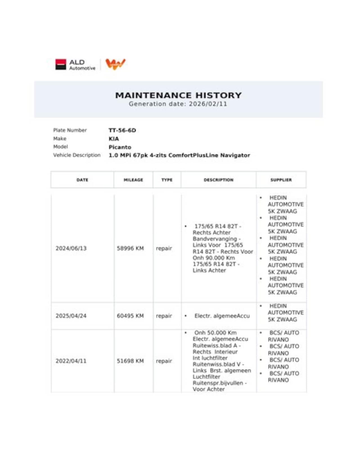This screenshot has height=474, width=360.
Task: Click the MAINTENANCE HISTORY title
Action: click(x=178, y=95)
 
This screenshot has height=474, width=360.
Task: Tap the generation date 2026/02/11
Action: click(x=208, y=104)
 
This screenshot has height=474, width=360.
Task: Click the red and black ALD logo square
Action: click(x=61, y=64)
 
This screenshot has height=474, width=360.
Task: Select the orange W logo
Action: click(x=115, y=64)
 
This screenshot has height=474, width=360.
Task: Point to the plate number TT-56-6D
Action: click(x=122, y=130)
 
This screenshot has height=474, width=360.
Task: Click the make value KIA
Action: click(x=114, y=139)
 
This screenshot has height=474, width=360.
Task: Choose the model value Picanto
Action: click(x=120, y=147)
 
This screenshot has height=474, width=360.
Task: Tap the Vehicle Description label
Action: click(x=77, y=155)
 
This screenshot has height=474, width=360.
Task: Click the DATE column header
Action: click(x=82, y=180)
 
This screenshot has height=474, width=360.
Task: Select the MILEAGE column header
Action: click(x=133, y=180)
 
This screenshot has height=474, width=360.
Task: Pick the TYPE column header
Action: click(x=167, y=180)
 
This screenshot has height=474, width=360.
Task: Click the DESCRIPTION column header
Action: click(x=219, y=180)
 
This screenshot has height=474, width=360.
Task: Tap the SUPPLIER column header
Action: click(x=281, y=180)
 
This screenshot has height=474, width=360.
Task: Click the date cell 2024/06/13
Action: click(x=71, y=249)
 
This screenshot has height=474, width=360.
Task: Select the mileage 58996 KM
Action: click(x=130, y=249)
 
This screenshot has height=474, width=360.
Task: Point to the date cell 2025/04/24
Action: click(x=71, y=316)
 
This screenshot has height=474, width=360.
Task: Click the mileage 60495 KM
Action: click(x=130, y=316)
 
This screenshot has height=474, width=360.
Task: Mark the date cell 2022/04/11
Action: click(x=71, y=361)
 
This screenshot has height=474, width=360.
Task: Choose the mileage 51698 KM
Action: click(x=130, y=361)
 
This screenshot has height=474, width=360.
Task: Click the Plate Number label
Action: click(x=70, y=130)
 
